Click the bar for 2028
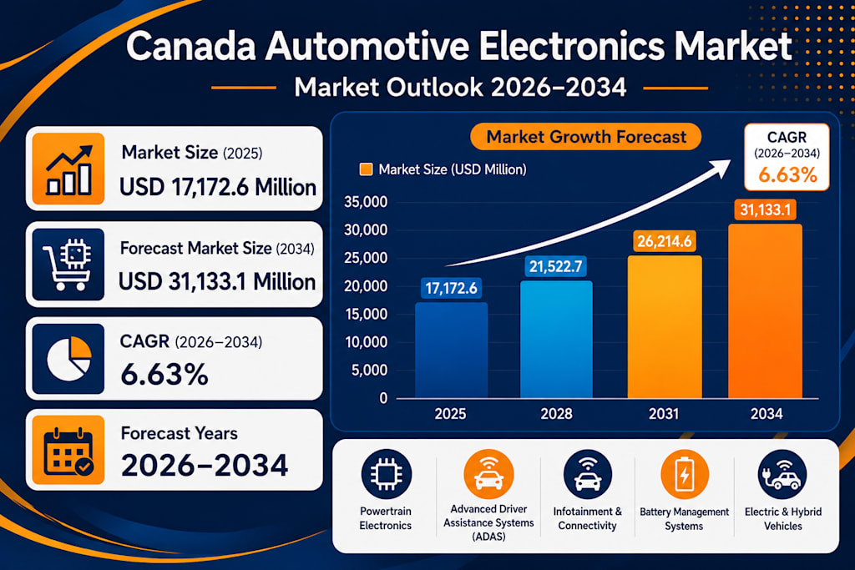(556, 340)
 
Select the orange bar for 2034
(765, 311)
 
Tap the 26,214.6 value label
(664, 241)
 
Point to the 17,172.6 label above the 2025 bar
(451, 288)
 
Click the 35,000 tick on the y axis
(366, 202)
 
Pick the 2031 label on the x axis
(664, 414)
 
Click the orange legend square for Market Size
(366, 169)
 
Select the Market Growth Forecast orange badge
(585, 136)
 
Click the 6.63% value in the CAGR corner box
(787, 175)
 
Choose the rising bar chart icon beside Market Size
(68, 169)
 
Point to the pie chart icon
(68, 359)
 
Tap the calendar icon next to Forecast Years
(68, 450)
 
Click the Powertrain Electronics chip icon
(386, 474)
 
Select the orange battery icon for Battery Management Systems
(685, 474)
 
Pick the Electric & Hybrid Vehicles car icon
(782, 474)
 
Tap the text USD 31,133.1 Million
(217, 282)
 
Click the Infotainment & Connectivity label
(587, 519)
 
